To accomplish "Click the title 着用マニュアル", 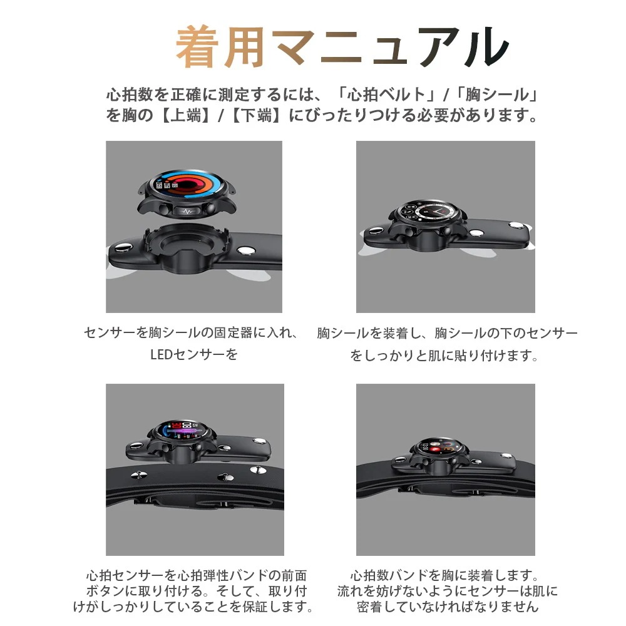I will point(341,48).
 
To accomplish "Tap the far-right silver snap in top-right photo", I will point(517,225).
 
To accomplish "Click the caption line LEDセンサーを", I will point(194,355).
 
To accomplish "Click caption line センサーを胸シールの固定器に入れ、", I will point(191,333).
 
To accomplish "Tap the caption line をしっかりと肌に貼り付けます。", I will point(444,356).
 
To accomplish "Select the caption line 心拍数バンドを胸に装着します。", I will point(444,575).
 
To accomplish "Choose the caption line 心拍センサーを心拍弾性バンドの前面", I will point(196,575).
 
